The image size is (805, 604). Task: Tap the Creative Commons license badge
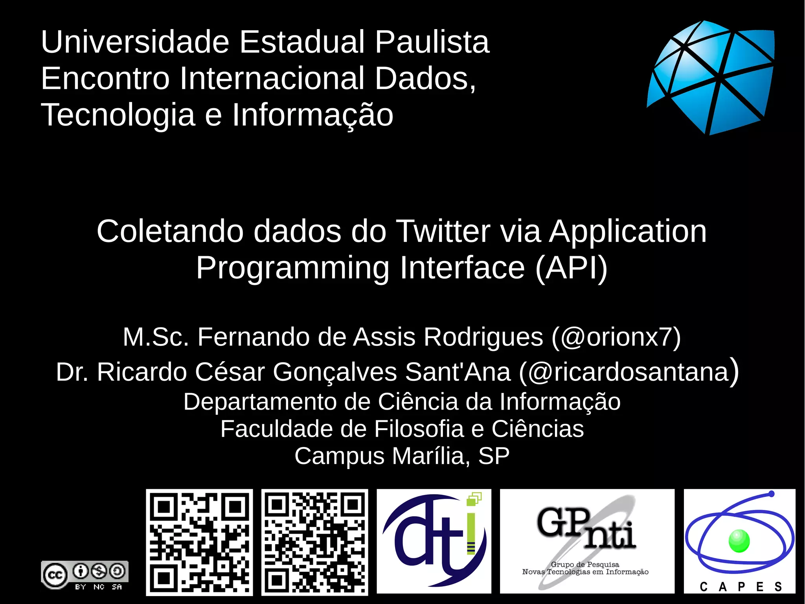(85, 575)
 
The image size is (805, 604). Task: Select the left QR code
(199, 542)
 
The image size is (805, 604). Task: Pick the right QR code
(314, 542)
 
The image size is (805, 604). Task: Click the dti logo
(434, 541)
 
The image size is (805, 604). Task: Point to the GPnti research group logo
(586, 541)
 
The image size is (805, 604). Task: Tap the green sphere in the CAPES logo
(739, 541)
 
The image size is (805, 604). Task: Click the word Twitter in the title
(443, 231)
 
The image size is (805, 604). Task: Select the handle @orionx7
(616, 337)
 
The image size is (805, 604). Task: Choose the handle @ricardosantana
(629, 372)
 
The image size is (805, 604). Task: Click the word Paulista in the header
(432, 42)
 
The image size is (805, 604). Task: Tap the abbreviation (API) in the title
(571, 268)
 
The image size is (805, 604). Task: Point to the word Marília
(431, 456)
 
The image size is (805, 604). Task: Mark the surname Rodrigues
(483, 337)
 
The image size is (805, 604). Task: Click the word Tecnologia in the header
(118, 115)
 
